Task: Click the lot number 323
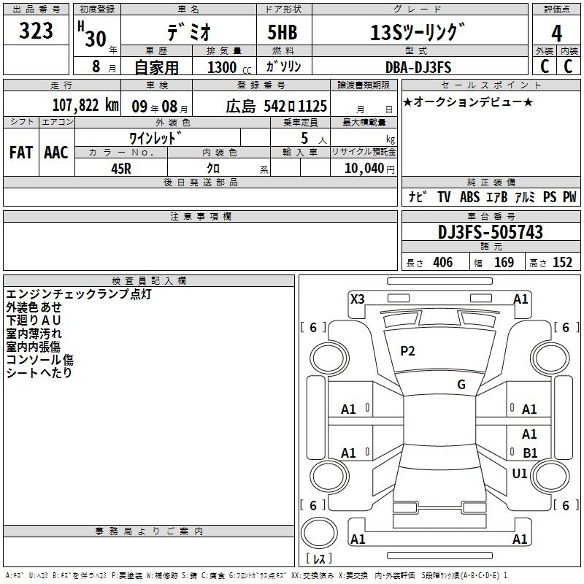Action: pyautogui.click(x=36, y=31)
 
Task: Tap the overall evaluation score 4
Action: pyautogui.click(x=556, y=34)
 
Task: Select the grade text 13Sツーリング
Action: pyautogui.click(x=418, y=32)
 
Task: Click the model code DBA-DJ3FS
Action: pyautogui.click(x=418, y=67)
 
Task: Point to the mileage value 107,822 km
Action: pyautogui.click(x=85, y=105)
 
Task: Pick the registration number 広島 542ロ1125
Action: pyautogui.click(x=277, y=106)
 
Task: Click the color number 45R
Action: pyautogui.click(x=121, y=169)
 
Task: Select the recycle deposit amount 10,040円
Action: pyautogui.click(x=369, y=169)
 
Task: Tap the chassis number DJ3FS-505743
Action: pyautogui.click(x=491, y=232)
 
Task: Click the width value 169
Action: pyautogui.click(x=504, y=262)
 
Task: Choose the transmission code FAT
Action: pyautogui.click(x=21, y=153)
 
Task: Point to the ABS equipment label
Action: pyautogui.click(x=469, y=196)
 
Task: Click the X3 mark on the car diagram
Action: pyautogui.click(x=358, y=299)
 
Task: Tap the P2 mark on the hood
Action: pyautogui.click(x=407, y=351)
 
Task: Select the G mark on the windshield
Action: pyautogui.click(x=461, y=385)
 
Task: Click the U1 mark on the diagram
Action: pyautogui.click(x=520, y=474)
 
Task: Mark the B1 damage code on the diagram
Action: pyautogui.click(x=530, y=453)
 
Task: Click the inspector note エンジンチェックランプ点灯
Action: pyautogui.click(x=79, y=294)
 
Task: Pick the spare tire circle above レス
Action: pyautogui.click(x=319, y=533)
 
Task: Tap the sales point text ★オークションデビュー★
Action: pyautogui.click(x=468, y=101)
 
